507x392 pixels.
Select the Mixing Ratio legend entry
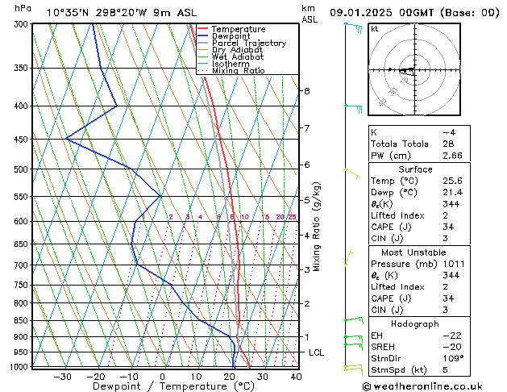coord(239,71)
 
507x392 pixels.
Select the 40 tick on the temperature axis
coord(296,376)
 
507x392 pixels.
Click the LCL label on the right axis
coord(316,353)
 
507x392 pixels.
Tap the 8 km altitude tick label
coord(306,91)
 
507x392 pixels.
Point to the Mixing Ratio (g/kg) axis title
coord(318,227)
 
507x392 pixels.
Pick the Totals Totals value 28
coord(449,144)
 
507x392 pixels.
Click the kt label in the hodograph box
coord(374,29)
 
